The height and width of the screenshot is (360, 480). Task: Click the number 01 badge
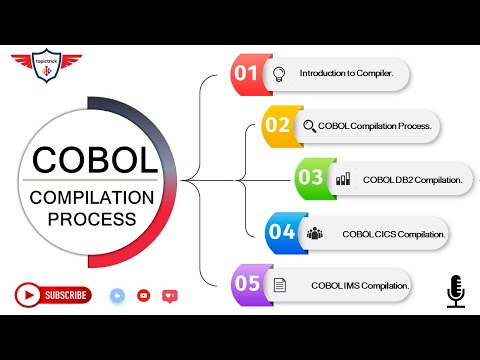click(x=246, y=72)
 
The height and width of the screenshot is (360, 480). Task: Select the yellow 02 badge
click(x=277, y=125)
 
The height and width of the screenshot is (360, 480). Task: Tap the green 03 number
click(x=311, y=179)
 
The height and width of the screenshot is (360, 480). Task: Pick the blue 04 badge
click(x=281, y=232)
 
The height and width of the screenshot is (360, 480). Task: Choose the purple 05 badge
click(x=247, y=284)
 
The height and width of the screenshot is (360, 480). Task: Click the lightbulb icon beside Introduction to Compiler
click(x=280, y=72)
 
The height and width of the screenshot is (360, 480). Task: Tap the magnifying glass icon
click(x=310, y=126)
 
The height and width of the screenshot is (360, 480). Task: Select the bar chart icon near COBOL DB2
click(x=343, y=180)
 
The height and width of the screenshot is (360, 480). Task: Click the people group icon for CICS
click(x=315, y=233)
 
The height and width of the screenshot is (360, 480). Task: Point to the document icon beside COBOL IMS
click(x=280, y=285)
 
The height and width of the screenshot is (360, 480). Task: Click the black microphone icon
click(x=456, y=291)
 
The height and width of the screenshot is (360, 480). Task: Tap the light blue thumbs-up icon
click(x=118, y=296)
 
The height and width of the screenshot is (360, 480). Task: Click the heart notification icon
click(x=169, y=296)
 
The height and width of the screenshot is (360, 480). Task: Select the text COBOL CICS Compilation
click(x=393, y=233)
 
